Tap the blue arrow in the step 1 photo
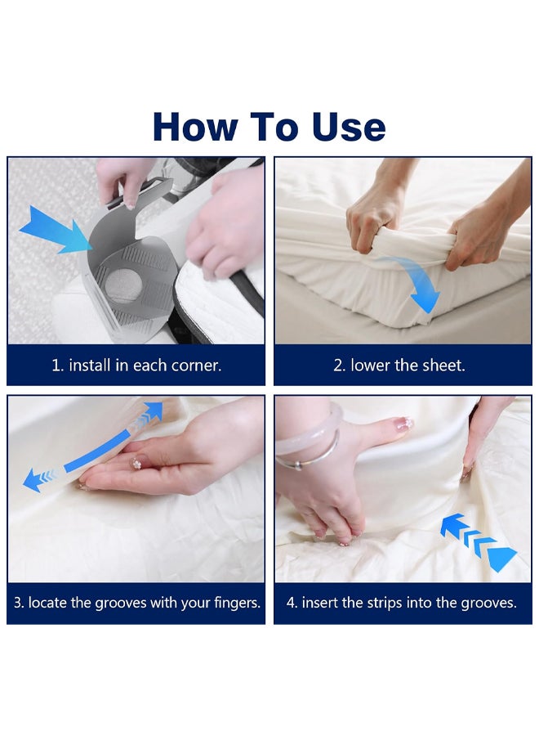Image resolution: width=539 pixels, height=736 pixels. click(x=57, y=228)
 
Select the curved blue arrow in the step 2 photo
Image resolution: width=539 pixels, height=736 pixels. click(x=416, y=285)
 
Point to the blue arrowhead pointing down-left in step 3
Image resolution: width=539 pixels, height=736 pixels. click(x=34, y=480)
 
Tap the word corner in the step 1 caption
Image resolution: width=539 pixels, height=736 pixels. click(x=196, y=366)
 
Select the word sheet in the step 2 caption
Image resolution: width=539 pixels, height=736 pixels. click(x=443, y=366)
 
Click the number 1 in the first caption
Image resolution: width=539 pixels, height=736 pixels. click(x=56, y=366)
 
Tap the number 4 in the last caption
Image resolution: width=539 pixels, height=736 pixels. click(x=291, y=603)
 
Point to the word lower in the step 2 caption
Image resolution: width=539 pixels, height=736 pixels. click(x=370, y=366)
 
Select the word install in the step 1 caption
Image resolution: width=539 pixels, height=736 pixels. click(x=91, y=366)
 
